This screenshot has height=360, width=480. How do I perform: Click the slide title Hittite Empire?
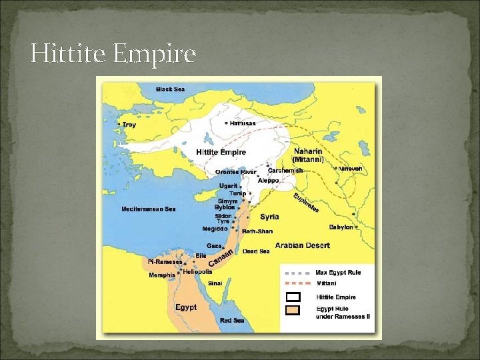coord(113,53)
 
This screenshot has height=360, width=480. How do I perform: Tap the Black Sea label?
coord(170,89)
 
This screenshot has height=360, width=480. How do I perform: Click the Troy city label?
coord(128,125)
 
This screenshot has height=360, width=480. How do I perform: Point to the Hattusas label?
coord(243,123)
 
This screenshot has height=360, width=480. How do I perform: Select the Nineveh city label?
coord(350,169)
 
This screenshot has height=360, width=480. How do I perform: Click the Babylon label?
coord(341,227)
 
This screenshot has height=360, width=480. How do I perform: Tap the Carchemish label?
coord(285,171)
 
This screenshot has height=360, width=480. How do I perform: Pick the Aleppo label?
coord(269,181)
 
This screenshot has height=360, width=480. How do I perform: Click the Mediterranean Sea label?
coord(148,209)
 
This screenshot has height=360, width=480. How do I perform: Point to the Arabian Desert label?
coord(302,245)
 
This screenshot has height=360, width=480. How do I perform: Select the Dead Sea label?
coord(256,251)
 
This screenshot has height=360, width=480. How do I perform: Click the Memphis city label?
coord(161,275)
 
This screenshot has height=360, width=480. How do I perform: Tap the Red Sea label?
coord(233,321)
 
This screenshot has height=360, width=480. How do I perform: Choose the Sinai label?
coord(215,283)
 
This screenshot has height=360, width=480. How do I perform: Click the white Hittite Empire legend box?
coord(293,297)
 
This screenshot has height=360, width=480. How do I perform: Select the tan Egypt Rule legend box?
coord(293,310)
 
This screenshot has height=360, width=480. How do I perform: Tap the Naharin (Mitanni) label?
coord(308,155)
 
